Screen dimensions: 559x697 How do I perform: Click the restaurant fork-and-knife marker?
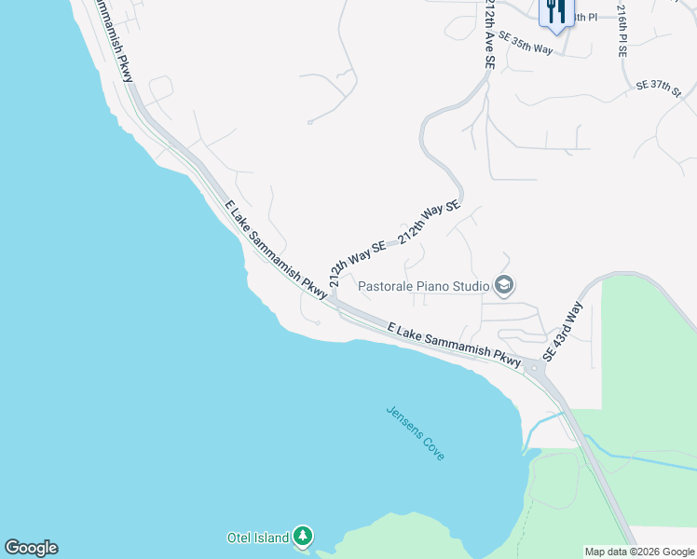(x=555, y=12)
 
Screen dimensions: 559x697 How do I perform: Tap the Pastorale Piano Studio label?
(x=425, y=284)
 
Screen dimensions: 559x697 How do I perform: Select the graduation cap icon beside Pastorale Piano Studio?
(x=504, y=285)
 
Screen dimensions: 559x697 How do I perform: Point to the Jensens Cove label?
(x=416, y=433)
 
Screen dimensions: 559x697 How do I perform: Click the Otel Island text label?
(x=257, y=538)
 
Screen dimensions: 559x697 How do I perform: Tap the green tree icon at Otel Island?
(x=302, y=537)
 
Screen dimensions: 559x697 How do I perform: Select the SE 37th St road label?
(x=660, y=85)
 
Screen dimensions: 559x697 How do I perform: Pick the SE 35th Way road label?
(x=526, y=42)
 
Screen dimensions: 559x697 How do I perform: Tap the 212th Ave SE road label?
(x=488, y=34)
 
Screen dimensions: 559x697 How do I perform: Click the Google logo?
(x=31, y=548)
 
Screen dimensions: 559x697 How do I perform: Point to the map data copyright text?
(x=640, y=552)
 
